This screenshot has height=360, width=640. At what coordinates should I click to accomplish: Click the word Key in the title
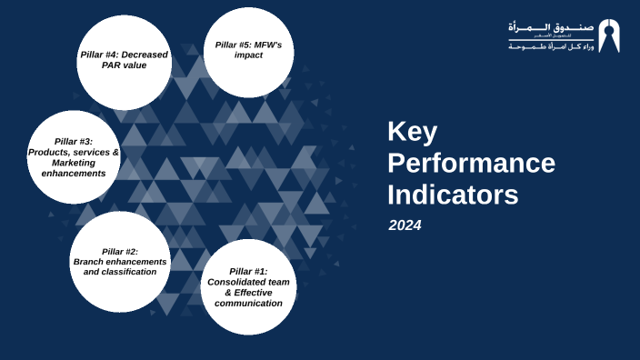412,132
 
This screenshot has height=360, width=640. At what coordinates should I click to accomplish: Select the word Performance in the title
471,163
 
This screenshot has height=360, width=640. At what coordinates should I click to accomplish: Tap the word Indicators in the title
453,195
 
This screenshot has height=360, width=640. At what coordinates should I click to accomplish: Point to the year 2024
405,225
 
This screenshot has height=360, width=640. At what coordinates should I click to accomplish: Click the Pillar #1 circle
248,286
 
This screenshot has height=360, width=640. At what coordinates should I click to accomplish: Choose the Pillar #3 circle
74,156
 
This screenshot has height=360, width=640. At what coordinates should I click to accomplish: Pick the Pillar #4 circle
125,62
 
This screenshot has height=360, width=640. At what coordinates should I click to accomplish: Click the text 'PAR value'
125,65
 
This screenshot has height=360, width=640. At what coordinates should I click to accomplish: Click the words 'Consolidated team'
248,282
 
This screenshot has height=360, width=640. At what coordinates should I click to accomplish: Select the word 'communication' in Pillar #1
248,303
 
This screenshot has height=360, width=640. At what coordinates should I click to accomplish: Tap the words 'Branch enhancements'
119,261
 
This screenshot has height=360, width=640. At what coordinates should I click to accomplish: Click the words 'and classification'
119,271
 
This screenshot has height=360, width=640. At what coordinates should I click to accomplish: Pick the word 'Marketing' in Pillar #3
74,162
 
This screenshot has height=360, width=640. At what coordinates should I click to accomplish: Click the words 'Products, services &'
74,152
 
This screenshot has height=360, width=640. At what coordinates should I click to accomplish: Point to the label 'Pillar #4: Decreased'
125,55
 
